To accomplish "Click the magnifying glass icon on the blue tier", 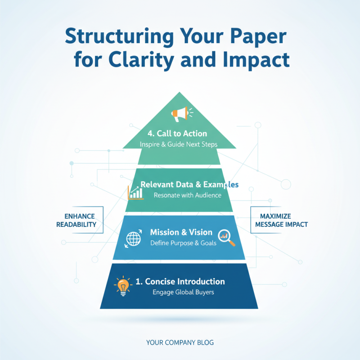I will (x=226, y=238).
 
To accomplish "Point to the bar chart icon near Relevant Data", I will (x=135, y=193).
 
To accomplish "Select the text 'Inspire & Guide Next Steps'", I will (x=179, y=144).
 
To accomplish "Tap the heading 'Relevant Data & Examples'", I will (x=189, y=184).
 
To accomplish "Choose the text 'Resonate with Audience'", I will (x=187, y=195).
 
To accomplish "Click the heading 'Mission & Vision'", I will (x=181, y=232).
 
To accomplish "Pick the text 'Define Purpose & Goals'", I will (x=183, y=243).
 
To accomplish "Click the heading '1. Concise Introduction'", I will (x=180, y=281).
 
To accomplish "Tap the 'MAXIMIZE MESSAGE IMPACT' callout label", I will (x=278, y=220).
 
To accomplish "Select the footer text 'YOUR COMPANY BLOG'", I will (x=180, y=342).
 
